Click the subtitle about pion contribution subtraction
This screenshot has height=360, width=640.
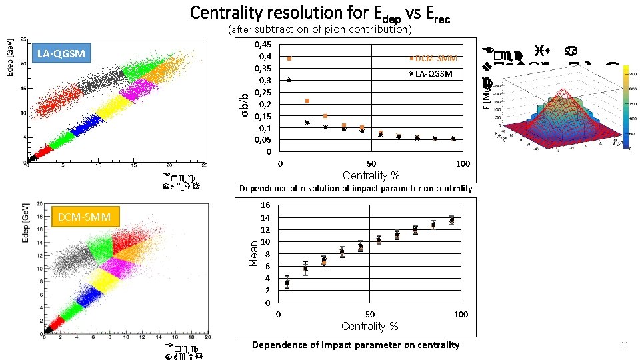[x=319, y=29]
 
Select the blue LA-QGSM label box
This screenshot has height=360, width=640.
[x=61, y=53]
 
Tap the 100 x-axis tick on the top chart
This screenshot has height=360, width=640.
[x=462, y=164]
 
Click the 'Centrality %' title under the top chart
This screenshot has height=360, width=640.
[x=371, y=176]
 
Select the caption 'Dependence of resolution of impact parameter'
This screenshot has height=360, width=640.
[x=355, y=189]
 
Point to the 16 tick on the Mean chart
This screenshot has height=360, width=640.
[x=265, y=205]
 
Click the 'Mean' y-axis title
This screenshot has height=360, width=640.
[x=253, y=254]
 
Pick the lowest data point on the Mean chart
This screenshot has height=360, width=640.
[x=287, y=283]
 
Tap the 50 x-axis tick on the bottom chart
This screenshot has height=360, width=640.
[x=369, y=314]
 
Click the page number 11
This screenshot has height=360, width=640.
[x=624, y=345]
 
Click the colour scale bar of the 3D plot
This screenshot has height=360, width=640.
[x=626, y=107]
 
